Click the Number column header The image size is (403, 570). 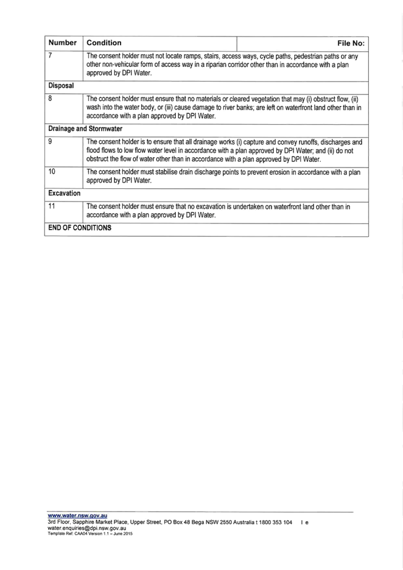[x=63, y=43]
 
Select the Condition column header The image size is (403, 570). [x=104, y=43]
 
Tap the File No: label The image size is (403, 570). [x=351, y=43]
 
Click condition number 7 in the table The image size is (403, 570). [x=50, y=56]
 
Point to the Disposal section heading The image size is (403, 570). [x=61, y=86]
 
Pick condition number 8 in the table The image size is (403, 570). [x=50, y=98]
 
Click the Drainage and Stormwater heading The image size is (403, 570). [x=85, y=128]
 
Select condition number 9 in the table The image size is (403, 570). [x=50, y=141]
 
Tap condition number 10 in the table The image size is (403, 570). [x=52, y=171]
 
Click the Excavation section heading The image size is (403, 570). [x=65, y=193]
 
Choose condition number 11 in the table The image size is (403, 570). [x=52, y=206]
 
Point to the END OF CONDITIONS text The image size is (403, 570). [x=80, y=228]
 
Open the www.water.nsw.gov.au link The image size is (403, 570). [x=77, y=515]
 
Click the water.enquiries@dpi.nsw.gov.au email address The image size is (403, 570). [x=87, y=528]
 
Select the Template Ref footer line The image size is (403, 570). [x=90, y=533]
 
